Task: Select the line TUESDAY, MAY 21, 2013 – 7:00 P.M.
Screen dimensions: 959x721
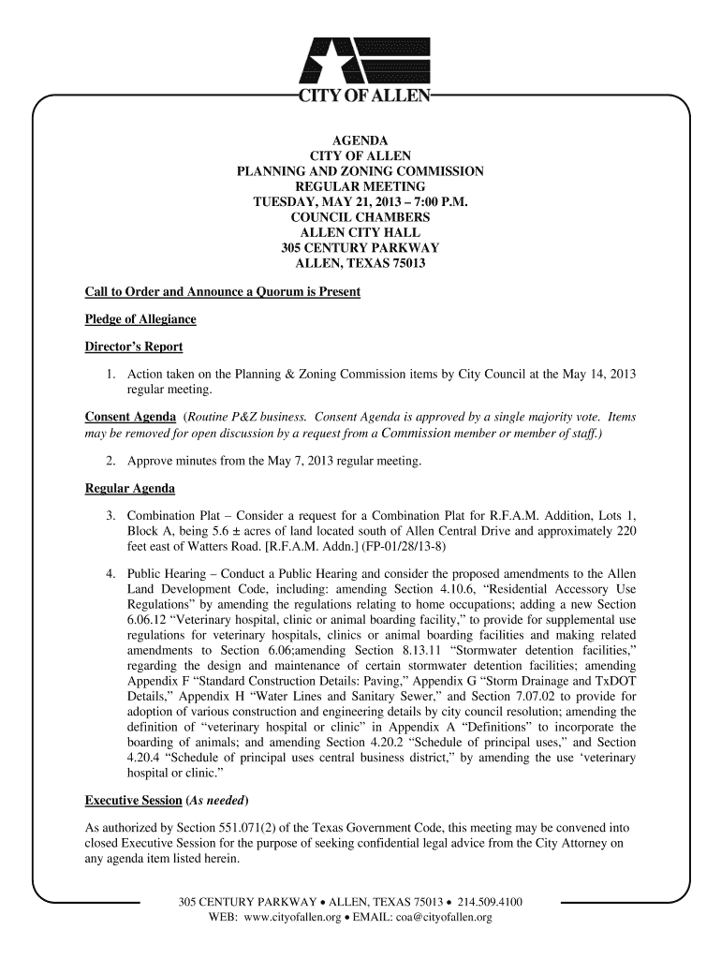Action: [x=360, y=202]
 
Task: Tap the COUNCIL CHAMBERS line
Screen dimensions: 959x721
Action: [x=360, y=217]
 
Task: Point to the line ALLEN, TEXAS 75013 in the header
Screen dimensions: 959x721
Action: [x=360, y=263]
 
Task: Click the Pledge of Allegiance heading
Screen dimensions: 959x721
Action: [x=140, y=319]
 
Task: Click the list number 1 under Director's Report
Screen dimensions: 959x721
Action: [x=110, y=375]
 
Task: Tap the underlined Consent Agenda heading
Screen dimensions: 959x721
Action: [x=130, y=417]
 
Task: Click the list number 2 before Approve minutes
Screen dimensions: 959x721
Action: [x=110, y=462]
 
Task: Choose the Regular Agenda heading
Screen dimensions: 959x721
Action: [x=130, y=489]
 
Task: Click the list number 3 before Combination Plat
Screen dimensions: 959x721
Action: [x=110, y=517]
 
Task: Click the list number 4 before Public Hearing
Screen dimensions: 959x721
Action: [x=110, y=574]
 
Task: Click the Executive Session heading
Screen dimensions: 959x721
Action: [x=133, y=801]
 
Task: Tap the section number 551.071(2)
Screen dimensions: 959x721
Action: [x=282, y=829]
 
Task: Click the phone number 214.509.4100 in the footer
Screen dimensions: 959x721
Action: [x=490, y=903]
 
